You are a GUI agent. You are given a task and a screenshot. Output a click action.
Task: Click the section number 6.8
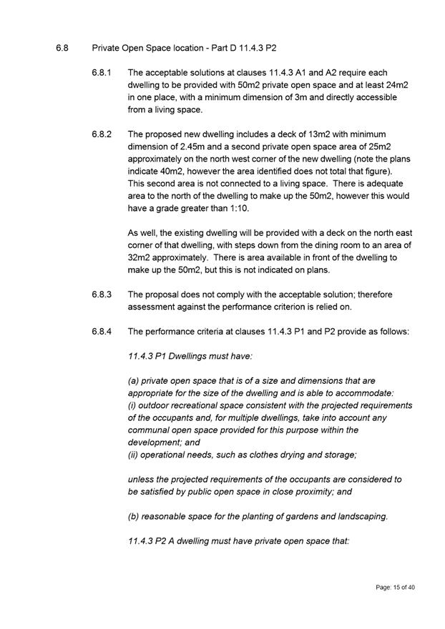[62, 49]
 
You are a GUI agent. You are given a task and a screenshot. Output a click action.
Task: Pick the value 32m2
[140, 257]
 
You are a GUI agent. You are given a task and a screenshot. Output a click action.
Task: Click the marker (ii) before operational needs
[134, 454]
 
